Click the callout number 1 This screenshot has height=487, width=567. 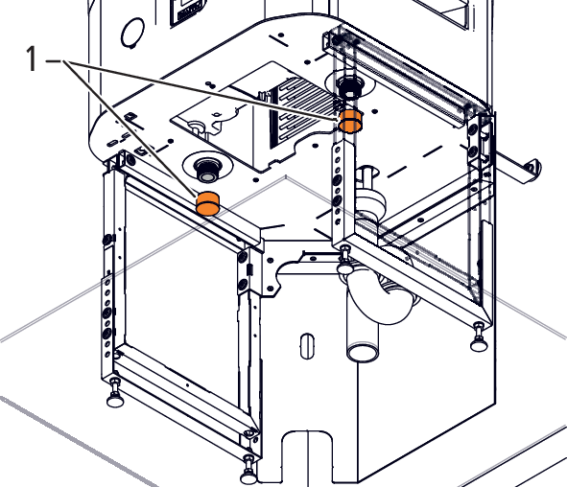(32, 58)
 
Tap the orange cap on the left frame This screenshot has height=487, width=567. (208, 203)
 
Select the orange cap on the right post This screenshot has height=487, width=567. (350, 121)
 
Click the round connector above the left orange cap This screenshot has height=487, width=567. (207, 171)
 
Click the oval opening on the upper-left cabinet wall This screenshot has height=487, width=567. (131, 32)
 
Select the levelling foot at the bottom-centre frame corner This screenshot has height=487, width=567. (248, 471)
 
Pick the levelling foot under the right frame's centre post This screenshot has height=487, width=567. (345, 261)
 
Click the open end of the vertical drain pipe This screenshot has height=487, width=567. (362, 352)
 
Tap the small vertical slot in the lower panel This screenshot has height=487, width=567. (307, 346)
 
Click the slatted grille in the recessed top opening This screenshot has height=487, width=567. (305, 113)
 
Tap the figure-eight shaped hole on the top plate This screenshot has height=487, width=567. (209, 85)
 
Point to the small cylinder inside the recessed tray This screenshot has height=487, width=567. (197, 128)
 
